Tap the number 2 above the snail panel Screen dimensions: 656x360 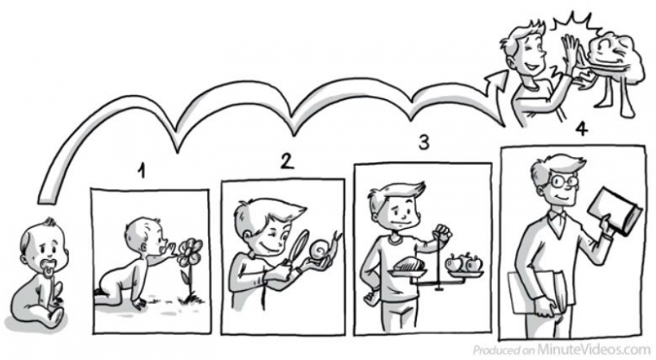(x=287, y=161)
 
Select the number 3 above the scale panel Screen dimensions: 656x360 (x=424, y=142)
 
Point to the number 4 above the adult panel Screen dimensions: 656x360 (x=582, y=129)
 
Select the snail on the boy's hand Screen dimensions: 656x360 (x=327, y=249)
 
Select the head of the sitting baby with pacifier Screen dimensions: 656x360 (x=42, y=246)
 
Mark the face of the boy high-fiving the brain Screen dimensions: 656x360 (x=527, y=55)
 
